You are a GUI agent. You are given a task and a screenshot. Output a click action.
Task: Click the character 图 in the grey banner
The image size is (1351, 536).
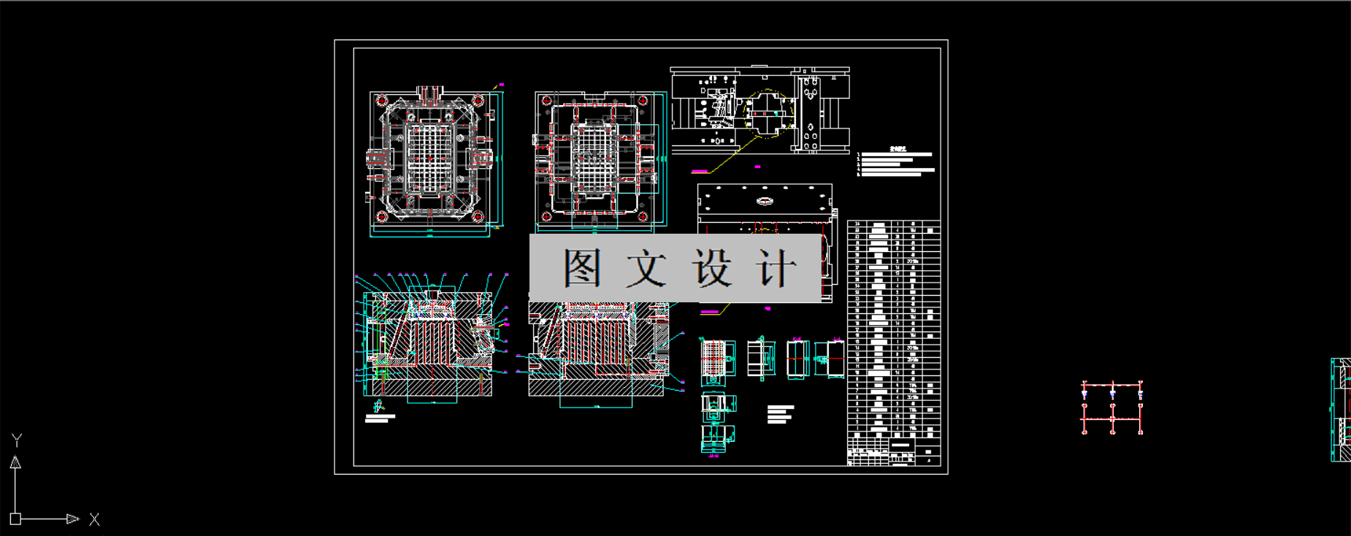pos(582,268)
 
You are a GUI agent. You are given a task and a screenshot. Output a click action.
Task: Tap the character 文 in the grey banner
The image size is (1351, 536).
pos(646,268)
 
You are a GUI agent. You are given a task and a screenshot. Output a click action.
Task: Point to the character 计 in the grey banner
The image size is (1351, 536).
pos(776,268)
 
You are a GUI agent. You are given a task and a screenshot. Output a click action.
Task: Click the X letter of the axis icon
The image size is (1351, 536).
pos(94,519)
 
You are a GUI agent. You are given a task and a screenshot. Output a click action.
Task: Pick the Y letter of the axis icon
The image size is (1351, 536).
pos(17,440)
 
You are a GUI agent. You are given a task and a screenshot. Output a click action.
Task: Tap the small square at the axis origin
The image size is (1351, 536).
pos(15,519)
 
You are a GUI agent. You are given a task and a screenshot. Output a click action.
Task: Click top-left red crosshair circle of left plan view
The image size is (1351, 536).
pos(382,101)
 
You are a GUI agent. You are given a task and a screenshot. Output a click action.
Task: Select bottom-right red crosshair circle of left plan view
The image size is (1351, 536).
pos(478,216)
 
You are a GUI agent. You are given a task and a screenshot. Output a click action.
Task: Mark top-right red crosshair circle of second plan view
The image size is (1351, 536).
pos(643,101)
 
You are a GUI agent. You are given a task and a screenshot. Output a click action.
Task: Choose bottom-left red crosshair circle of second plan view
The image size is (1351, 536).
pos(546,216)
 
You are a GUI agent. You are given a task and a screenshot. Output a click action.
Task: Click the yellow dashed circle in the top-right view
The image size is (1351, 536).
pos(768,114)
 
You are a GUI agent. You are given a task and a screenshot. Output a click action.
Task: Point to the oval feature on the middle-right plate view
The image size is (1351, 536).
pos(765,201)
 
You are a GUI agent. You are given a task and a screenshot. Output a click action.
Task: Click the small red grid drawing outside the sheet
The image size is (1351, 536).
pos(1112,407)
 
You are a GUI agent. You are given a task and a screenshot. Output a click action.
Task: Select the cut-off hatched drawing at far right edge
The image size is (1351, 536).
pos(1341,410)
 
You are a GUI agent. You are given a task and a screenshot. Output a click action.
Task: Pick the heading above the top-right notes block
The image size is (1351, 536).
pos(898,149)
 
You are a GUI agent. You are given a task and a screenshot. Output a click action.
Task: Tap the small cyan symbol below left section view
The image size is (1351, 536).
pos(378,406)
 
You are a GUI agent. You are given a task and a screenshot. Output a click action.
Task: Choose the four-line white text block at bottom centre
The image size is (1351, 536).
pos(780,414)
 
